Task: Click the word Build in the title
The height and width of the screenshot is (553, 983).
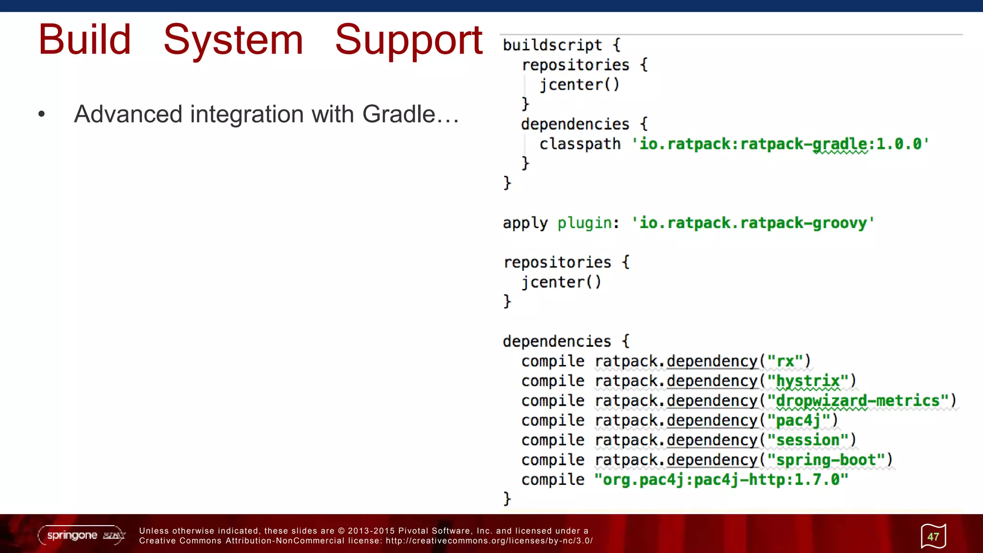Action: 84,40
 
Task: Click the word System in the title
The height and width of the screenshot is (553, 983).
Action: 233,40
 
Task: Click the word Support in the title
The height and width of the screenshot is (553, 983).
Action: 408,41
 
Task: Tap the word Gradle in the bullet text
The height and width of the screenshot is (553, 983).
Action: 398,114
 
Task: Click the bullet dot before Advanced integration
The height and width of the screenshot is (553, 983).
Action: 42,114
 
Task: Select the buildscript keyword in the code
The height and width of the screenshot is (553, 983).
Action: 552,45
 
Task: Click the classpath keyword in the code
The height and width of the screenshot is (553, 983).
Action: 580,144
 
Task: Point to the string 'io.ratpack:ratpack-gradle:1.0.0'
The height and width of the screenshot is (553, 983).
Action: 780,144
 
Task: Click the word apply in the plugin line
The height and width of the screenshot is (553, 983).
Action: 525,223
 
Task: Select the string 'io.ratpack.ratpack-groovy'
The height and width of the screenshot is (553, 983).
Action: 753,223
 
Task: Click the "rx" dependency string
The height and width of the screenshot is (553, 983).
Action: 785,361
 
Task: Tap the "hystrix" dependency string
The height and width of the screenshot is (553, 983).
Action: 808,381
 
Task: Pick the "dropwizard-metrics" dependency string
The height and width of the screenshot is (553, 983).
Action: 858,401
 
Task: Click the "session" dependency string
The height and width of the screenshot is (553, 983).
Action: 808,440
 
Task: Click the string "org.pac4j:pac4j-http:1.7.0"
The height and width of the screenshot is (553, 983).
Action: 721,480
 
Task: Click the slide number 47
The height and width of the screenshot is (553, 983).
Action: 933,537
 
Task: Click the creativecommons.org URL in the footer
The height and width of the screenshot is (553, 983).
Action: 489,541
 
